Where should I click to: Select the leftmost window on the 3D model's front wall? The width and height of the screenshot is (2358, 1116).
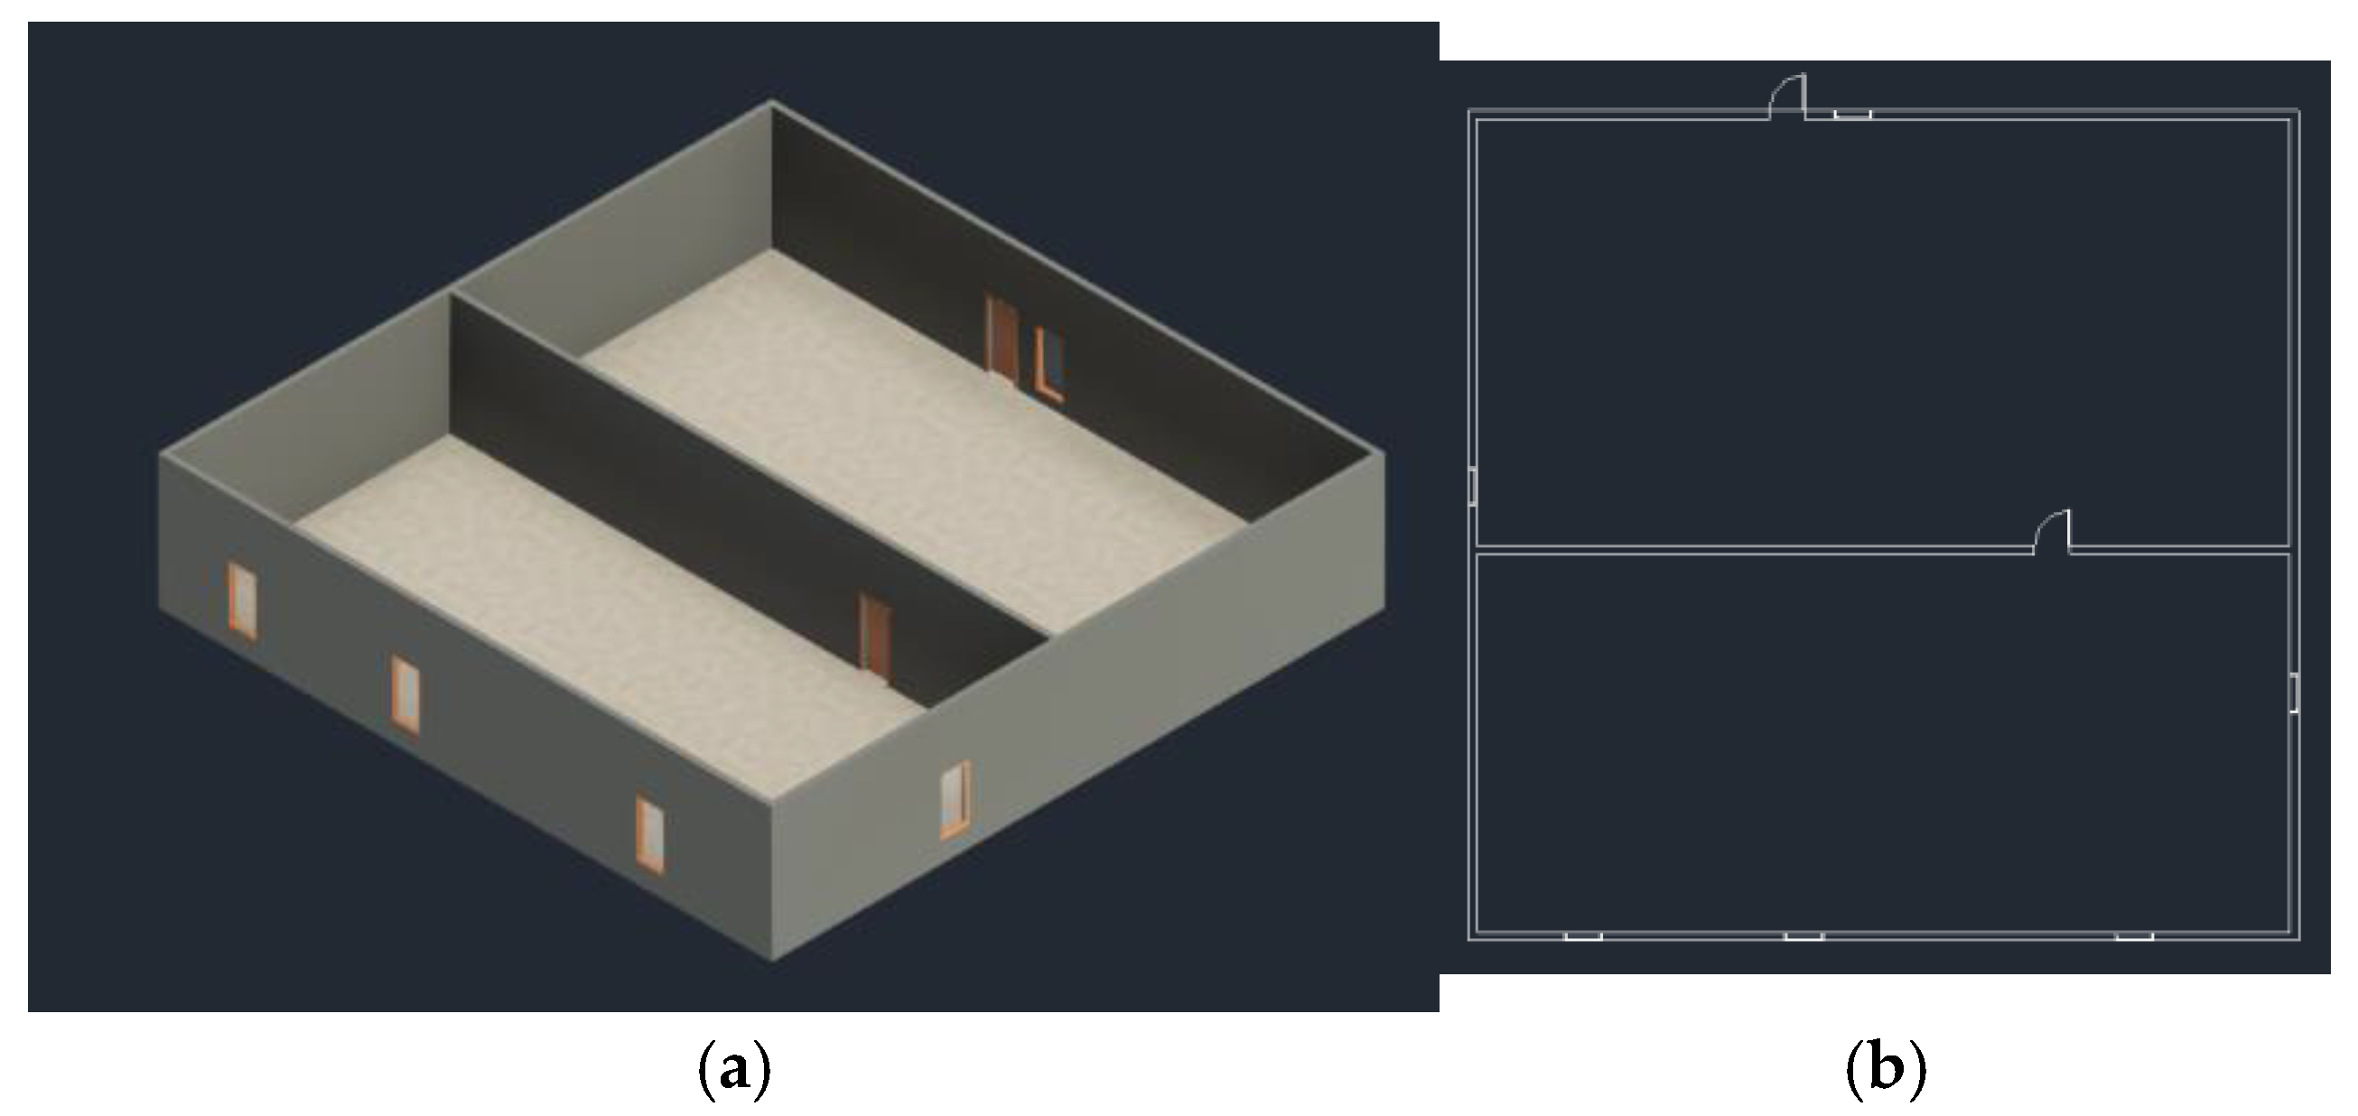click(243, 600)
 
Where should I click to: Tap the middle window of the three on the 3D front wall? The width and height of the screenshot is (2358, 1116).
click(405, 694)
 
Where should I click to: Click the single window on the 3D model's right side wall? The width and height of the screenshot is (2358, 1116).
click(955, 799)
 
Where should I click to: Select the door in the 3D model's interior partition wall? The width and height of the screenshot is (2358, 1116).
click(876, 637)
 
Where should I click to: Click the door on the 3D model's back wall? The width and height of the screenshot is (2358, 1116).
click(1002, 337)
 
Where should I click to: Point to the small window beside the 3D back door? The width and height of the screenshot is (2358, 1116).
click(1050, 366)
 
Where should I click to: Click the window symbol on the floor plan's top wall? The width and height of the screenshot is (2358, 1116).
click(1851, 115)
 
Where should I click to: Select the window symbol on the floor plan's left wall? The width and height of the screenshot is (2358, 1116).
click(1472, 486)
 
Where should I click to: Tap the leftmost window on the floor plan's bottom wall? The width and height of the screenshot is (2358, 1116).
click(1582, 935)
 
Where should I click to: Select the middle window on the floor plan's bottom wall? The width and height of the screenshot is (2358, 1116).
click(1804, 935)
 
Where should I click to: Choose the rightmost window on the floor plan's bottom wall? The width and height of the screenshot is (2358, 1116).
click(2134, 935)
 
